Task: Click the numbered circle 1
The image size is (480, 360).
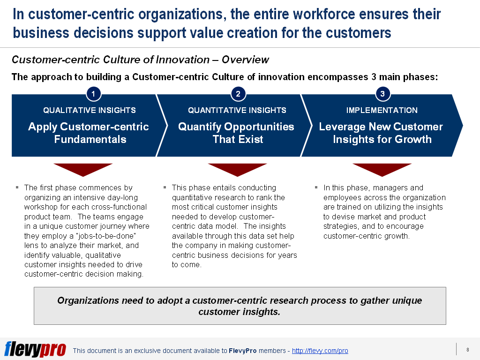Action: [93, 94]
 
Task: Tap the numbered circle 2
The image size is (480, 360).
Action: [238, 94]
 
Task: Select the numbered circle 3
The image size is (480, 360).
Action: [382, 94]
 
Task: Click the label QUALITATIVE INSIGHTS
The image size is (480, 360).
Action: [90, 111]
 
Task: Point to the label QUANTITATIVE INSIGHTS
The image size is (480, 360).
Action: [237, 111]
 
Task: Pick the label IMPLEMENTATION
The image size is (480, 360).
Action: [382, 111]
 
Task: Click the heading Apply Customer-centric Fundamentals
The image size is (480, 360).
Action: [89, 133]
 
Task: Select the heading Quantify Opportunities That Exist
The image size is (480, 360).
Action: [236, 133]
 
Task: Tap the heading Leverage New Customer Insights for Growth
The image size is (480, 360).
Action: [381, 133]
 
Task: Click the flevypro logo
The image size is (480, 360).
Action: [35, 349]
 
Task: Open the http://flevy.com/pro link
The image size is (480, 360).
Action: [320, 351]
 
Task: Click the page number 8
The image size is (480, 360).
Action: [467, 349]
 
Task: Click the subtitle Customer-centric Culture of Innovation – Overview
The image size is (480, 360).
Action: [140, 60]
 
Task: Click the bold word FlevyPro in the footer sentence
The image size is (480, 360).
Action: [242, 351]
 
